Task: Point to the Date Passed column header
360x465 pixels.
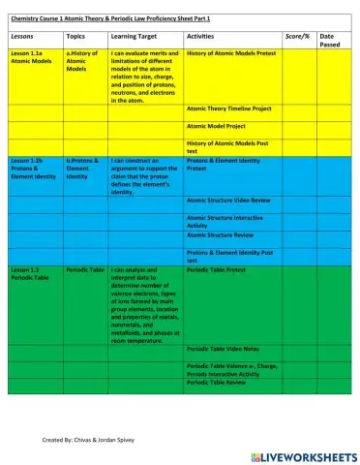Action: [x=332, y=40]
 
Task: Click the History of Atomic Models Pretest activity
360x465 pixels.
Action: [x=229, y=54]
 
